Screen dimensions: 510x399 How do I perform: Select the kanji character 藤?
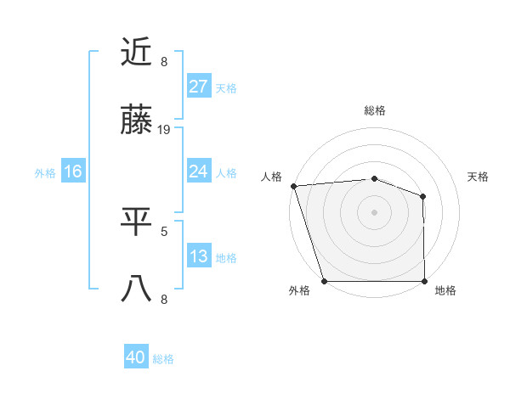[137, 122]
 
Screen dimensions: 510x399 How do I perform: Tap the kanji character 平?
[137, 221]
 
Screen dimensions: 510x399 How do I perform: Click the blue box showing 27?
[199, 87]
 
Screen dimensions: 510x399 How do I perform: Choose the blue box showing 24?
[199, 171]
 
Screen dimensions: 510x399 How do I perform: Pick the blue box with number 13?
[199, 256]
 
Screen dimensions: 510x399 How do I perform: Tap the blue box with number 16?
[73, 171]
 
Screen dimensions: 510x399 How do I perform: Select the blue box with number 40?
[136, 357]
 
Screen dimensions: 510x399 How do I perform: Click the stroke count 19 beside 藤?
[165, 130]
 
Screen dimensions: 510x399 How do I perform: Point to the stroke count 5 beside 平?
[164, 229]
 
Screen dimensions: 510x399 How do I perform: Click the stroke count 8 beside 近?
[164, 61]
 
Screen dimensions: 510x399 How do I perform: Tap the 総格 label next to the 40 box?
[163, 359]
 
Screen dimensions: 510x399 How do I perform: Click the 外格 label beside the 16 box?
[45, 172]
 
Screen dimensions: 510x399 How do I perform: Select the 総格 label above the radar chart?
[375, 110]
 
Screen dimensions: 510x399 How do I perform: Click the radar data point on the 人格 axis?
[293, 186]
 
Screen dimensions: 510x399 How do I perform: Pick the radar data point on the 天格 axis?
[423, 196]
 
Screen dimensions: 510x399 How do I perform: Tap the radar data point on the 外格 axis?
[324, 281]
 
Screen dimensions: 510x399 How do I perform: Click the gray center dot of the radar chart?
[375, 211]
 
